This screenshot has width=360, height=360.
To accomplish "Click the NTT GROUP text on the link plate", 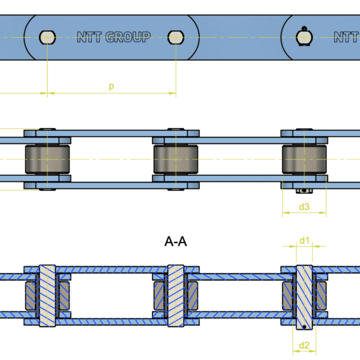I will tap(114, 37).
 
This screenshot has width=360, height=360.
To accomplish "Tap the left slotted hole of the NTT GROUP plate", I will tap(47, 37).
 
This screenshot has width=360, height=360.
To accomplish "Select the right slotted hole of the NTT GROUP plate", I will tap(176, 37).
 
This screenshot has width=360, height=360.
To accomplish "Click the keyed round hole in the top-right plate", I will tap(304, 37).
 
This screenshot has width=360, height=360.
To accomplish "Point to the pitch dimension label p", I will tap(111, 86).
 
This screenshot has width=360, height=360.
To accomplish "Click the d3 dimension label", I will tap(304, 207).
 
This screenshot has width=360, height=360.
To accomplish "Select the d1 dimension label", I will tap(304, 241).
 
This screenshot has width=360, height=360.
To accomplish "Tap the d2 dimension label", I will tap(304, 345).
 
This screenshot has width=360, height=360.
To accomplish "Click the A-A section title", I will tap(176, 241).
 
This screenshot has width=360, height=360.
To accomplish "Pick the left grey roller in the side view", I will tap(47, 160).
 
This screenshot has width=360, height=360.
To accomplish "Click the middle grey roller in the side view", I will tap(176, 160).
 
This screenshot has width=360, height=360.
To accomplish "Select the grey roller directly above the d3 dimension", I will tap(304, 160).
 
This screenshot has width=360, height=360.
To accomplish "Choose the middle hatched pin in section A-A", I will tap(176, 295).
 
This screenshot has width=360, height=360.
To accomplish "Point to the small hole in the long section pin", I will tap(305, 326).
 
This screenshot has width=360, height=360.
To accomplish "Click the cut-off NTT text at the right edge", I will tap(346, 37).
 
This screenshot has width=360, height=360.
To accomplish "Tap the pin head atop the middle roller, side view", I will tap(176, 130).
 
